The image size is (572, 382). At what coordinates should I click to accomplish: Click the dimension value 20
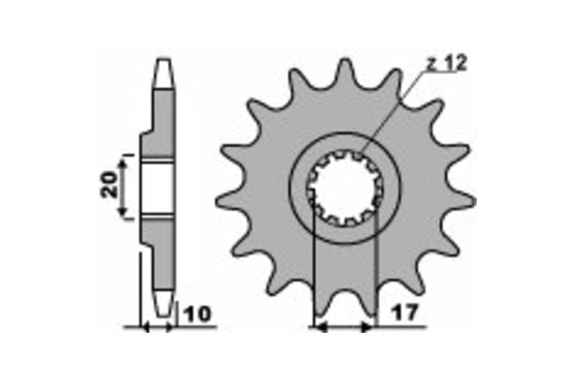[109, 185]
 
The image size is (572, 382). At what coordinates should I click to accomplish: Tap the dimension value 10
[198, 314]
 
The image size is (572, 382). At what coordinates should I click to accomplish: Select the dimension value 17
[406, 312]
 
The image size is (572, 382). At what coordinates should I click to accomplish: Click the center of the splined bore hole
[345, 189]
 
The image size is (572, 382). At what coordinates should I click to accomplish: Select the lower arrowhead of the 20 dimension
[123, 212]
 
